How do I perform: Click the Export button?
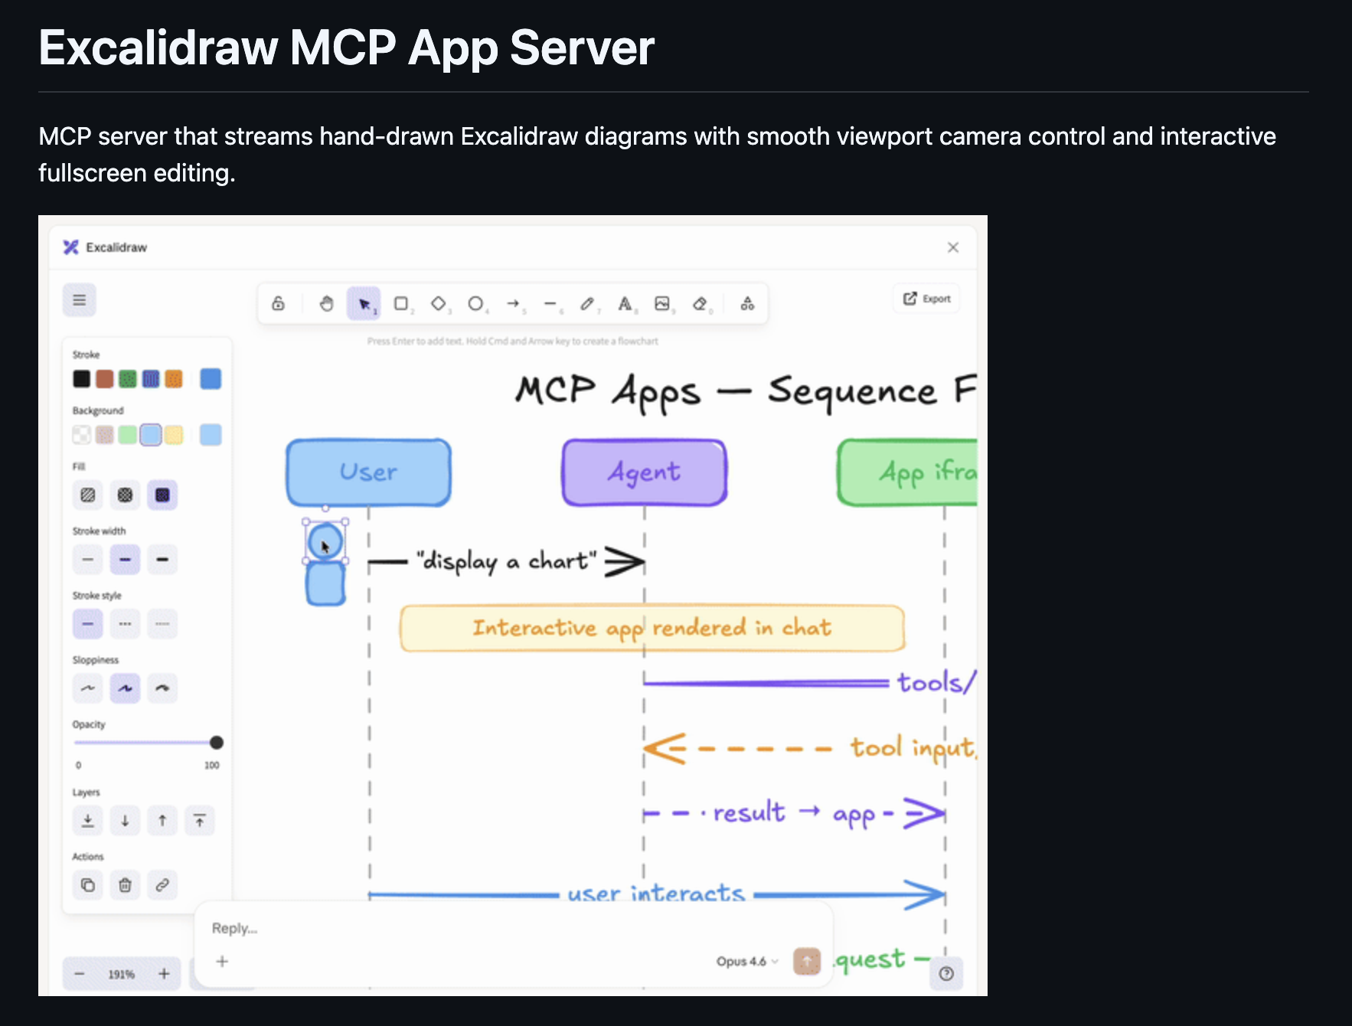click(927, 299)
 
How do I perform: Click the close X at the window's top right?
click(952, 247)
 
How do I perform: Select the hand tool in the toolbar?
click(327, 304)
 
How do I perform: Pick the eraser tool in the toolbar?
click(700, 304)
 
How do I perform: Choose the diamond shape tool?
click(438, 304)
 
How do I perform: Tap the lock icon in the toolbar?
click(279, 304)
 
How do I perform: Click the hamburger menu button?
click(80, 300)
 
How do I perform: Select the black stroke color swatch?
click(81, 379)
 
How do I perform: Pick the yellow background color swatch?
click(174, 435)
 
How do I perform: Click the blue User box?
click(368, 472)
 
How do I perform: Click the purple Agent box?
click(644, 472)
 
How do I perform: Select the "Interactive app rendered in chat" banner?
click(652, 629)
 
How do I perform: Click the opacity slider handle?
click(217, 743)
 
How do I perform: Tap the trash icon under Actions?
click(125, 885)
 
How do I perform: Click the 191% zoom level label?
click(121, 974)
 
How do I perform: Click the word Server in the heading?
click(582, 48)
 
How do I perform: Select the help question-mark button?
click(946, 973)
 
